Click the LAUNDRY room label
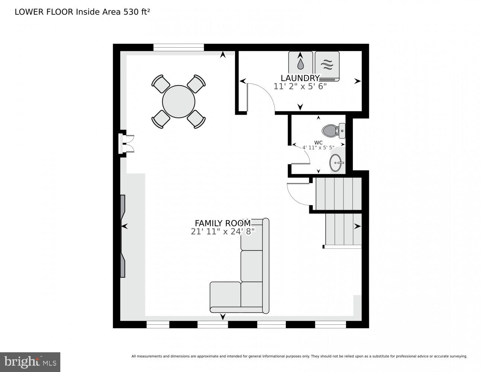point(300,78)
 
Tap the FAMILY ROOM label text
point(223,223)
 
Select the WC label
point(318,142)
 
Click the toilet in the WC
point(333,131)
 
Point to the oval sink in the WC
point(336,163)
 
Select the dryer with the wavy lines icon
point(327,65)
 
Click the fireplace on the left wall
point(123,236)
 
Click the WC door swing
point(301,155)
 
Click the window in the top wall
point(179,47)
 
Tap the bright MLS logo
point(30,362)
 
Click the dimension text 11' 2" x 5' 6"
point(300,86)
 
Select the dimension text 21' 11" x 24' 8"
point(223,231)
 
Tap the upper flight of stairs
point(338,194)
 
